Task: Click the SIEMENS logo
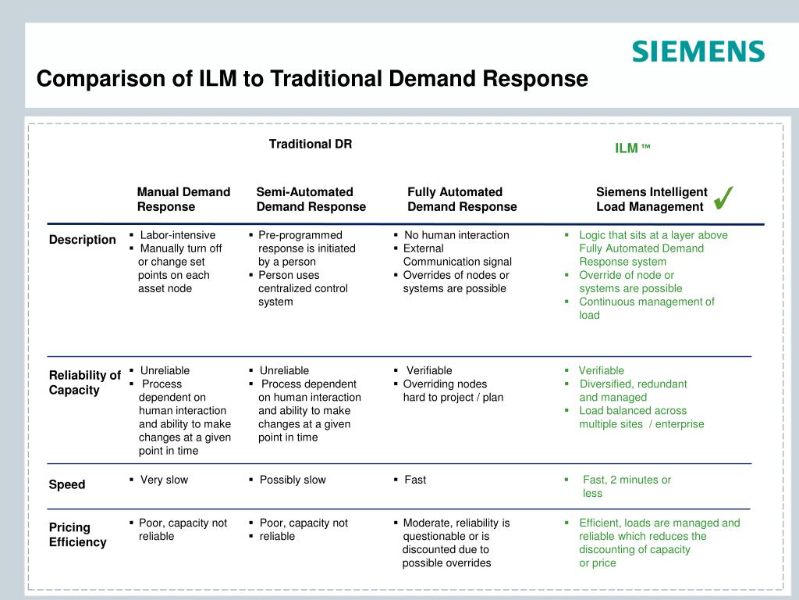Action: (x=698, y=52)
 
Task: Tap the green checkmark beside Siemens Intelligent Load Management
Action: (x=723, y=198)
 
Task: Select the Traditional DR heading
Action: (x=311, y=144)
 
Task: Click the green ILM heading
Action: (x=632, y=148)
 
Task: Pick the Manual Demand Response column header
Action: (x=183, y=199)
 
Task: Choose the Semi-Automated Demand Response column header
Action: (x=311, y=199)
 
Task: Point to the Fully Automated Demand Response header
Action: (x=462, y=199)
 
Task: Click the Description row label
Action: (x=82, y=240)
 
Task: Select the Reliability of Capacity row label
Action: (x=84, y=382)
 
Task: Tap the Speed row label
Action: (x=67, y=484)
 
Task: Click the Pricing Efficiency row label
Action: (x=77, y=534)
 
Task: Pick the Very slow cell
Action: (x=164, y=480)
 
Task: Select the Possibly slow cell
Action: (x=293, y=480)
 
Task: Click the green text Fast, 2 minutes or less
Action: (x=627, y=486)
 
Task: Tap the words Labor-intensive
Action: (x=177, y=234)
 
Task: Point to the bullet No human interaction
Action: (x=456, y=234)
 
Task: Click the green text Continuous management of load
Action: (x=647, y=308)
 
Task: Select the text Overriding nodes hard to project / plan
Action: (x=453, y=391)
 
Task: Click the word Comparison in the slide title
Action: (x=114, y=79)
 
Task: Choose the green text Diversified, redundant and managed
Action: (x=633, y=391)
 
